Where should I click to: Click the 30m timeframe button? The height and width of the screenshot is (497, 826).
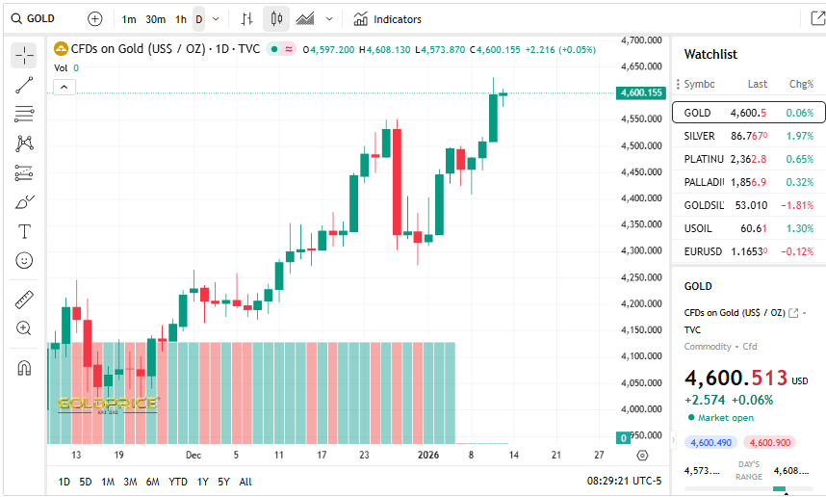pos(155,19)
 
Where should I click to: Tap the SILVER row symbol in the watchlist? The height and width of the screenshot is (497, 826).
pos(699,136)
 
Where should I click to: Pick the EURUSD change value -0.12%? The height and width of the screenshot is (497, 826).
pos(799,251)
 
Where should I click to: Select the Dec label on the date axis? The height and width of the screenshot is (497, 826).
pos(193,455)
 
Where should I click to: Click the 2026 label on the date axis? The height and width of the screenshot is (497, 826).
pos(427,455)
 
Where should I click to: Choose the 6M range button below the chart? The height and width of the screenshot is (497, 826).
pos(152,482)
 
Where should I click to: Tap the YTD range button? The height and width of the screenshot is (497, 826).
pos(177,482)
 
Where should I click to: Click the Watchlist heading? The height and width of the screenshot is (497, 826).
pos(710,54)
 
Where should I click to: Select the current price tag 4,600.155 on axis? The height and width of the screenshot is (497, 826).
pos(642,92)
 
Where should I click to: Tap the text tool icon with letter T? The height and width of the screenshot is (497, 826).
pos(24,231)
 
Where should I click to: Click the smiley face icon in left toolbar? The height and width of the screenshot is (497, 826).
pos(24,260)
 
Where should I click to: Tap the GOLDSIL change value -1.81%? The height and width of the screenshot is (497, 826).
pos(799,205)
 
